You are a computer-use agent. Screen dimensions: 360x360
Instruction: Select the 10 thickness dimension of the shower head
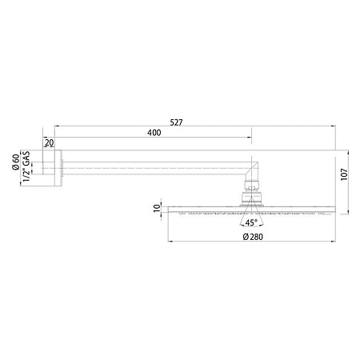[157, 210]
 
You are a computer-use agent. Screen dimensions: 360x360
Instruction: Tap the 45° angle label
[252, 224]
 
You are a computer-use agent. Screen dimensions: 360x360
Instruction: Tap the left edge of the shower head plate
[169, 210]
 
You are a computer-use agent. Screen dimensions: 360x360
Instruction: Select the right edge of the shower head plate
[333, 210]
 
